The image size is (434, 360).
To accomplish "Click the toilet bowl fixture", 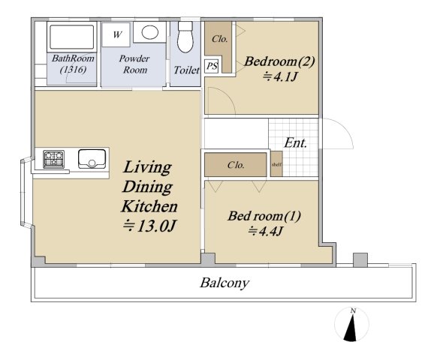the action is coord(185,37).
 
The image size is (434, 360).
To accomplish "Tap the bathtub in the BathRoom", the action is coord(71,37).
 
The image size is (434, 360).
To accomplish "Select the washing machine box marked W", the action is coord(116,34).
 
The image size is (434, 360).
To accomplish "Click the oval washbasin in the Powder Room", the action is coord(149,32).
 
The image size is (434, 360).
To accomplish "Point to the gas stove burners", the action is coord(54,159).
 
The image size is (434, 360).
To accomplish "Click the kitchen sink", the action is coord(92,159).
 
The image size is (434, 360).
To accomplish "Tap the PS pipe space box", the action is coord(212,66).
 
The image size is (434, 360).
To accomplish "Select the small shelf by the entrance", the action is coord(276,164).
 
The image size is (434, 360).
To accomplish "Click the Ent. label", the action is coord(296,143).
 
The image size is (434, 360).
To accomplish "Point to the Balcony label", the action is coord(225,283).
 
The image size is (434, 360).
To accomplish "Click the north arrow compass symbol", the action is coord(351,325).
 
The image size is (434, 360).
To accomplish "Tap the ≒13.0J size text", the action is coord(149,226).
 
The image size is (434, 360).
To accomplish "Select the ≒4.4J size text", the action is coord(265,231).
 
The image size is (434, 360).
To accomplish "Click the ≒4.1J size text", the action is coord(280,76).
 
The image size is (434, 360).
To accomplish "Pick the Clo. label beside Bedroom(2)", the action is coord(220,39).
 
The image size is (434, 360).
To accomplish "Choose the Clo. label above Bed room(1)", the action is coord(236,165).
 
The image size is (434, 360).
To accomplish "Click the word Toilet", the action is coord(186,70).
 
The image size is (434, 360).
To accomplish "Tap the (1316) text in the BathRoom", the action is coord(73,70).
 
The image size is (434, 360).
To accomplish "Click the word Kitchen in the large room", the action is coord(149,206).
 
